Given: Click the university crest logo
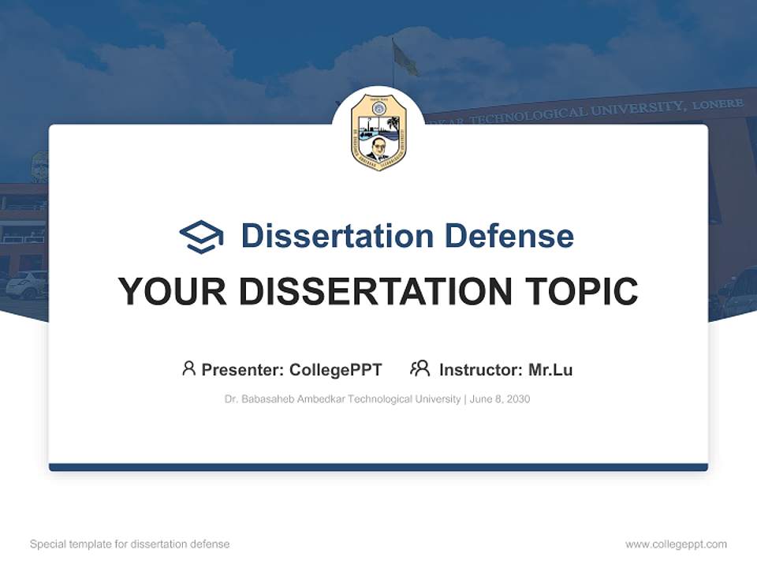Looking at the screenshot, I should (x=378, y=132).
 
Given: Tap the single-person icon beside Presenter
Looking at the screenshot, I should (x=188, y=368).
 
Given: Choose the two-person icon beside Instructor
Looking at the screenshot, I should (x=420, y=368).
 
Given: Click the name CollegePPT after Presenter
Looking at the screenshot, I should (x=335, y=369).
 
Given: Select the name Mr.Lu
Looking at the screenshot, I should (x=550, y=369).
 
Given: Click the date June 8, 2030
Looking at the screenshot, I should (x=500, y=399).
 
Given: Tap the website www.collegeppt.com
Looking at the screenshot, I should (x=676, y=544).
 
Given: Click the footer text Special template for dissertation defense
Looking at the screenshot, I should (x=130, y=544).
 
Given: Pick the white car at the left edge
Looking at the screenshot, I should (x=25, y=285).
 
